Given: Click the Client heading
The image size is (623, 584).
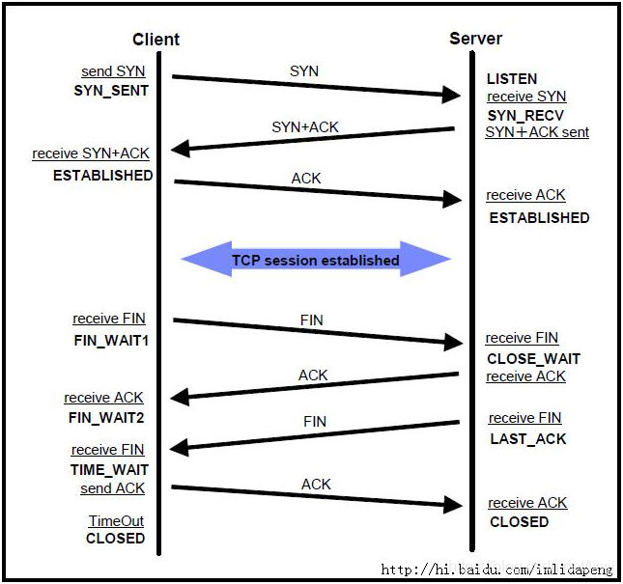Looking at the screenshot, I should (156, 40).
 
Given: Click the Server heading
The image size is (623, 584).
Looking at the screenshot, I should (475, 39).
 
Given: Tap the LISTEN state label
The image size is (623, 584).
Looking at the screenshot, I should (512, 78).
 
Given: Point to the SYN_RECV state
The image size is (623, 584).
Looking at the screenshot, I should (524, 115).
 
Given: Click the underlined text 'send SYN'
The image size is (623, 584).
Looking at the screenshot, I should (113, 71).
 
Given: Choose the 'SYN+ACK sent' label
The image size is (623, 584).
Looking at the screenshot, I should (537, 131).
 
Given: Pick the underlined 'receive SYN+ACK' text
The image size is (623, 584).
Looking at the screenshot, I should (91, 153).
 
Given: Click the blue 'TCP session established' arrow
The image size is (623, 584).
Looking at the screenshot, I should (316, 260).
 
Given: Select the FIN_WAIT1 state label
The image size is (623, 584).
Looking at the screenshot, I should (111, 340).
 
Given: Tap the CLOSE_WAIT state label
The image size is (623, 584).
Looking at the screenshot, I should (533, 358).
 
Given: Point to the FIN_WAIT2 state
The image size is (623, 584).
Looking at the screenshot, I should (106, 417).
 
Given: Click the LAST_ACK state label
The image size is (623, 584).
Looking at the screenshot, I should (528, 438).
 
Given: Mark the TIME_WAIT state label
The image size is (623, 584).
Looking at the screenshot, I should (109, 470).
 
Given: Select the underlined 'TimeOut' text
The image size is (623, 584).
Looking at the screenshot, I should (116, 521).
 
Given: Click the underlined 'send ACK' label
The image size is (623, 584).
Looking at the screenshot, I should (112, 488).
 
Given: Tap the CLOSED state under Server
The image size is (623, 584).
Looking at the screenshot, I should (519, 521).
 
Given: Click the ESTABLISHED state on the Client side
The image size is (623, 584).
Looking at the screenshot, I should (102, 176).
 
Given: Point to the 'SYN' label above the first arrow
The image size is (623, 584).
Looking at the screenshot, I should (303, 71).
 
